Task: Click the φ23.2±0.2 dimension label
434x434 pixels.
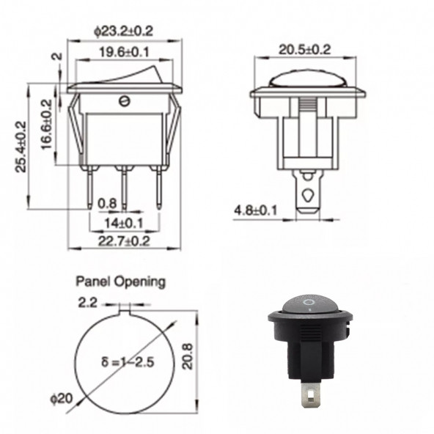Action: click(x=123, y=32)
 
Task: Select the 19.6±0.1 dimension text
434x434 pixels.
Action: click(x=125, y=52)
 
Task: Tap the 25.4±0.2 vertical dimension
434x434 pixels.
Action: click(x=21, y=147)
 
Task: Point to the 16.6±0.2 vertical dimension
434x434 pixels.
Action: click(x=46, y=125)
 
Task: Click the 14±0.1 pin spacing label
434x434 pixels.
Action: click(x=123, y=223)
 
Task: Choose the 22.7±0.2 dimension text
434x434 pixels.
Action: click(x=124, y=241)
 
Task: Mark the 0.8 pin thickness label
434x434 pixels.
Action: click(x=107, y=204)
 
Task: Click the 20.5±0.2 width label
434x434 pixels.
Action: click(x=305, y=50)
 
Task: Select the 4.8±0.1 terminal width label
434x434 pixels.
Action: click(x=255, y=210)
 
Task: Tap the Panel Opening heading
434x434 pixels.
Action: click(x=121, y=282)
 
